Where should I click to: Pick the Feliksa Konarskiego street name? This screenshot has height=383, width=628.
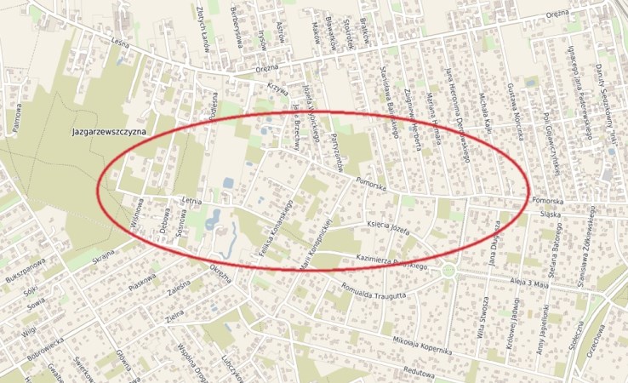click(276, 227)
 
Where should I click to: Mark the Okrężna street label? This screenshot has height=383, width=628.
click(220, 278)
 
